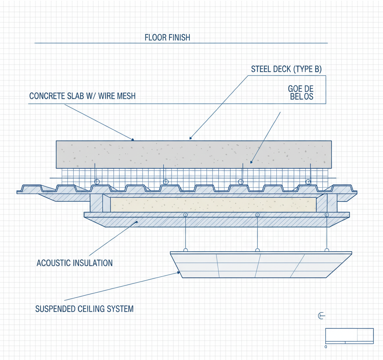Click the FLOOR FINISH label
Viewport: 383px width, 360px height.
click(167, 37)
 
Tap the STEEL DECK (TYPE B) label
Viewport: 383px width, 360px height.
click(286, 69)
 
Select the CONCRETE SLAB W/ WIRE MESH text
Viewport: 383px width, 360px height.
click(82, 96)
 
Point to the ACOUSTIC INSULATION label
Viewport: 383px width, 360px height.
click(75, 263)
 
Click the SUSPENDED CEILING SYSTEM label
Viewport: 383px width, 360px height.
click(85, 309)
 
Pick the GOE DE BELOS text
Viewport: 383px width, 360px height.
click(301, 93)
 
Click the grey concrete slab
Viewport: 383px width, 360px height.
click(194, 154)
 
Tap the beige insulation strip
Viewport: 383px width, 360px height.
click(213, 205)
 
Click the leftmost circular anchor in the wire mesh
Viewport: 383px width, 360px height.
click(97, 182)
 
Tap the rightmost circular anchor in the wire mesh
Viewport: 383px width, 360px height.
click(308, 182)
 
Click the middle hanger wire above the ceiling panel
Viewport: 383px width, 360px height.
click(257, 232)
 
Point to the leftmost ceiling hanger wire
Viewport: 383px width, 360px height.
click(186, 232)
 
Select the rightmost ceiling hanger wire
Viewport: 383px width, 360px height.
click(327, 232)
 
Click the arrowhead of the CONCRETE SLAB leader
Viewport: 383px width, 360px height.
click(133, 139)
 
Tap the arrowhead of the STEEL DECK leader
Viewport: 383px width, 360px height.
click(190, 138)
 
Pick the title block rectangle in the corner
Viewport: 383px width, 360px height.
click(349, 336)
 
